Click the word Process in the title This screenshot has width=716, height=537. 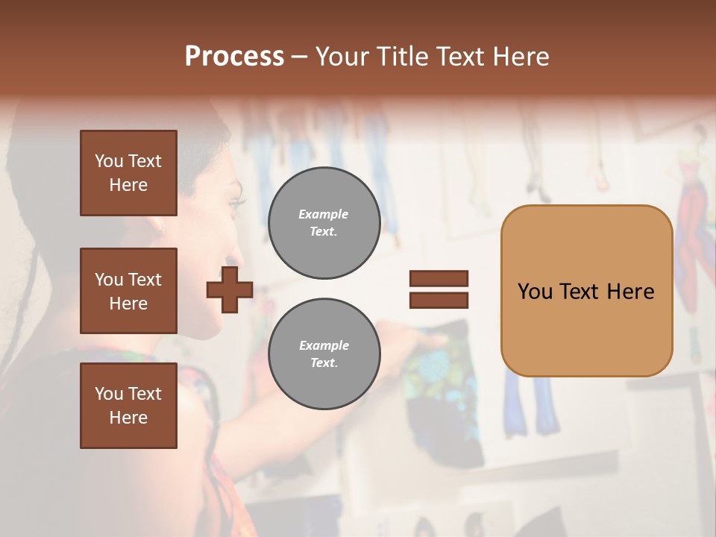click(x=234, y=57)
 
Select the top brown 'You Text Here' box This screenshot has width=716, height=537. click(x=128, y=173)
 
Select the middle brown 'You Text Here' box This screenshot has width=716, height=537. click(x=128, y=291)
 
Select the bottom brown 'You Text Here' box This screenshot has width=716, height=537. click(x=128, y=405)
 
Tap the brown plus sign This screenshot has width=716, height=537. click(x=229, y=289)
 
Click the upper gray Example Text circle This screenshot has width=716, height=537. click(x=324, y=223)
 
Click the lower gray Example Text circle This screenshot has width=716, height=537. click(x=324, y=354)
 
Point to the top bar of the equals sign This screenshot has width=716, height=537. click(x=439, y=279)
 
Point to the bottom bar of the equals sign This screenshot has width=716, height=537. click(x=439, y=300)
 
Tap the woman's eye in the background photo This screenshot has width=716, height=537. click(x=238, y=202)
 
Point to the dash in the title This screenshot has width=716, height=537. click(x=300, y=58)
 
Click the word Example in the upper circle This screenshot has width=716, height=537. click(x=324, y=215)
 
